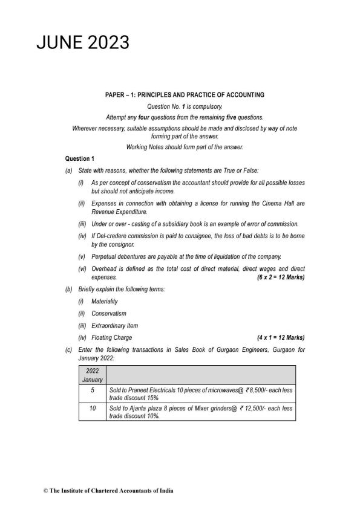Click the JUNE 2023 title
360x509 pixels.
[83, 42]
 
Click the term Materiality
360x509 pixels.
[105, 301]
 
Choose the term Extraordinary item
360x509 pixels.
[113, 325]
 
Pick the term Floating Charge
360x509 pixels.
[111, 337]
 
